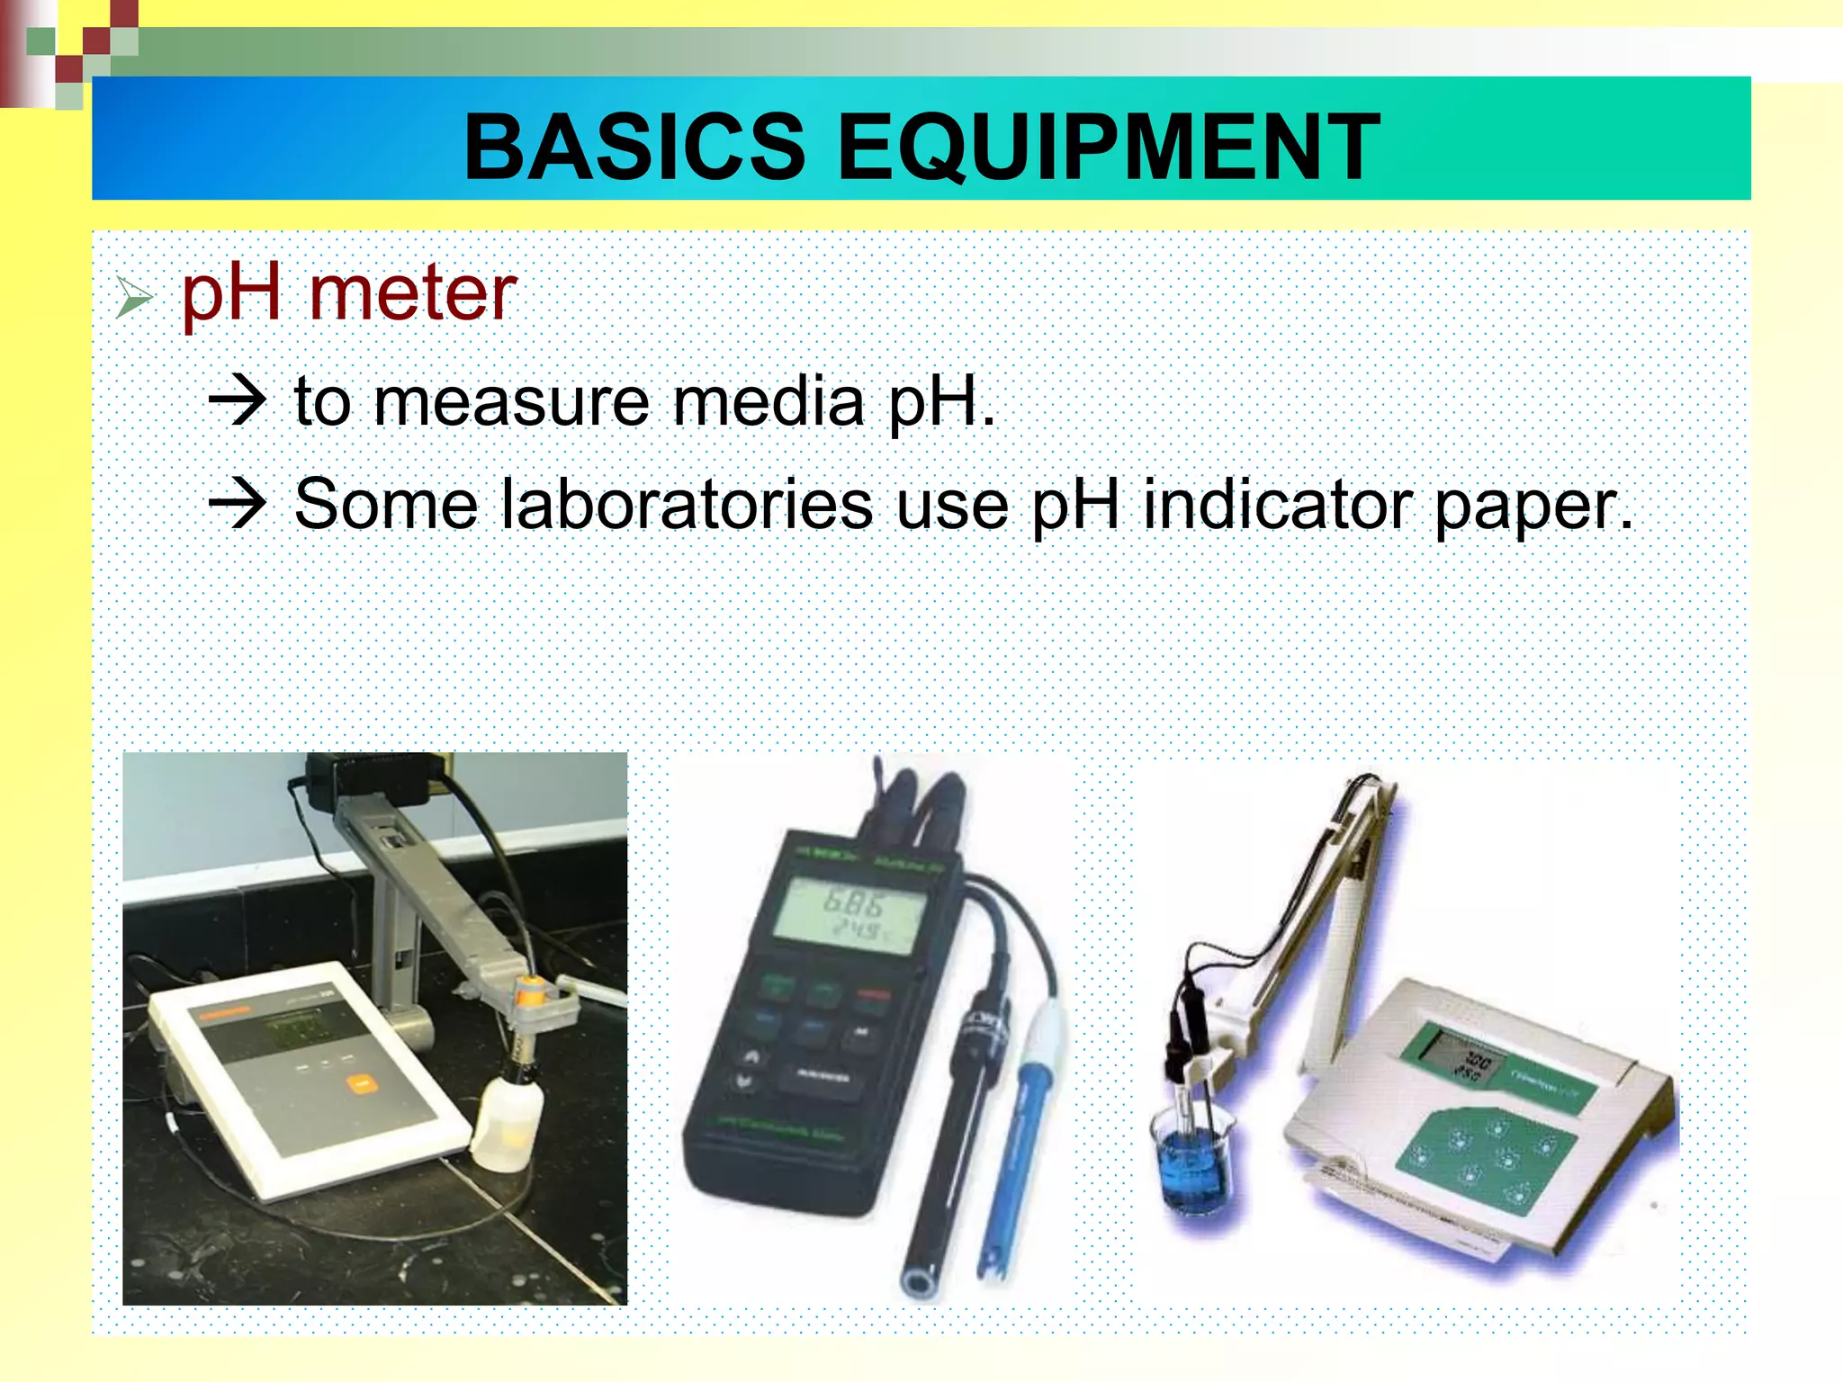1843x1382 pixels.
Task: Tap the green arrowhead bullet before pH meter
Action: point(134,298)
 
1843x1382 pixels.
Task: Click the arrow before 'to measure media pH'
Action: point(238,400)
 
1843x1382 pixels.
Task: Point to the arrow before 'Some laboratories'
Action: point(238,503)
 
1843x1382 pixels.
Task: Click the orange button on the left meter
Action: point(363,1083)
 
